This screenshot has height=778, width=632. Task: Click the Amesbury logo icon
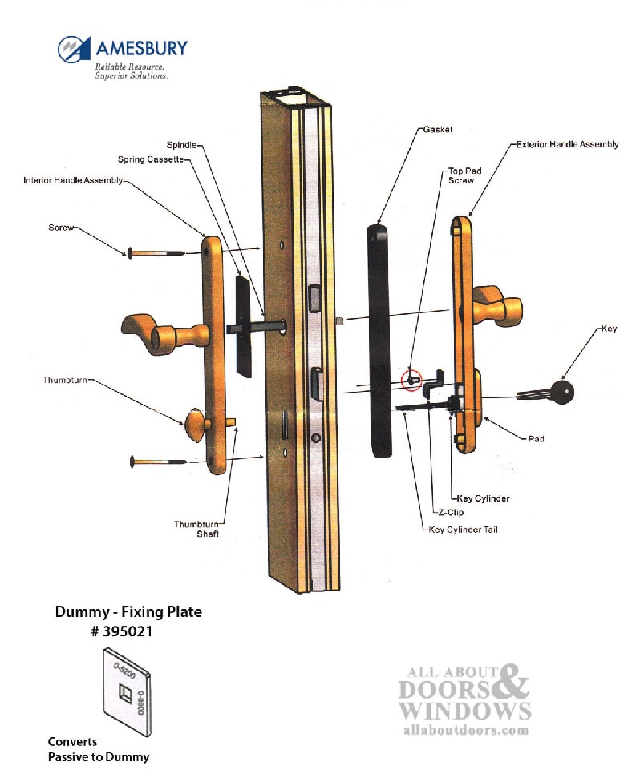pos(75,49)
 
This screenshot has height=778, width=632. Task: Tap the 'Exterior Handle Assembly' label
pos(567,145)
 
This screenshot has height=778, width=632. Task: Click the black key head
pos(565,390)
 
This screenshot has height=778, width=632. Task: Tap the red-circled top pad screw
pos(411,381)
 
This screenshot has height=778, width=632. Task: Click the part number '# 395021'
pos(128,631)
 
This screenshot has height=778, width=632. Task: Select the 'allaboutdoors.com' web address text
pos(464,730)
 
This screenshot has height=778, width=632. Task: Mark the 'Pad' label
pos(537,439)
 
